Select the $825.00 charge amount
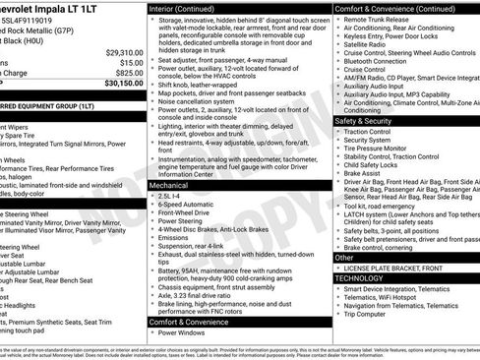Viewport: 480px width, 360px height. [129, 72]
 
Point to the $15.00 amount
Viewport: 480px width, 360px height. [131, 62]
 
